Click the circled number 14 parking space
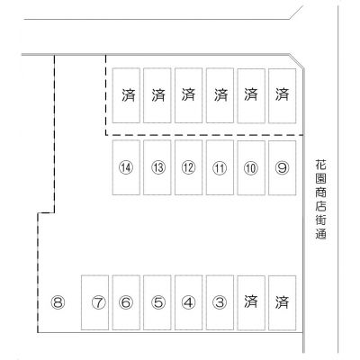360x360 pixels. click(x=126, y=167)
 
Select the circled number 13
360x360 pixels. click(x=157, y=167)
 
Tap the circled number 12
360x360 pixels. click(x=188, y=167)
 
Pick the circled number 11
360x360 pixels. click(x=220, y=168)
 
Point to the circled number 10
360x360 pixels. click(x=251, y=168)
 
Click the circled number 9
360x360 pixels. click(x=282, y=168)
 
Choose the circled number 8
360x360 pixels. click(x=58, y=302)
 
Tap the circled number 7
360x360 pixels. click(x=99, y=302)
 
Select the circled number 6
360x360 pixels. click(x=126, y=302)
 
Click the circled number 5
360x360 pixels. click(x=157, y=302)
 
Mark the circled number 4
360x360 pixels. click(x=188, y=302)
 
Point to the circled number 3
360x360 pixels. click(x=220, y=302)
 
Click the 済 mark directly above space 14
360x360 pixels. click(x=129, y=94)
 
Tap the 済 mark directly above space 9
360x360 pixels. click(x=282, y=94)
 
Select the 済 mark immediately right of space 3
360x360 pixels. click(x=251, y=301)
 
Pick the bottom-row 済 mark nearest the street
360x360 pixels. click(x=282, y=302)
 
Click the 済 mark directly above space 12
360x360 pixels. click(x=188, y=94)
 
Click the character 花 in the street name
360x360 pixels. click(x=320, y=165)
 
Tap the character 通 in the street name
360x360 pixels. click(x=320, y=234)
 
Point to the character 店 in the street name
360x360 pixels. click(x=320, y=206)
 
